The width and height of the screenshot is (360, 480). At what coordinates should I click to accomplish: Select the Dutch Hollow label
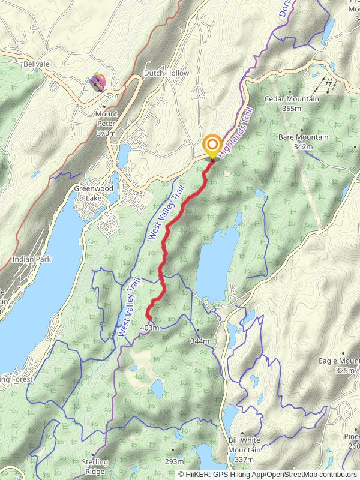click(166, 73)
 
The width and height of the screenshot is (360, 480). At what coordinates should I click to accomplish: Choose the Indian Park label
click(31, 259)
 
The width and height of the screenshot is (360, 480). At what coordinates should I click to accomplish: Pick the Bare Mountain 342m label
click(303, 142)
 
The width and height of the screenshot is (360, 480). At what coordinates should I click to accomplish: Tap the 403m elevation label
click(149, 328)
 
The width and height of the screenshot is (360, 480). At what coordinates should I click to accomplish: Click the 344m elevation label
click(199, 341)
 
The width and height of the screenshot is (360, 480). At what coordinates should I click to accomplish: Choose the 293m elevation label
click(174, 461)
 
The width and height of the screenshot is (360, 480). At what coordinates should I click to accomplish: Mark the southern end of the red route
click(148, 311)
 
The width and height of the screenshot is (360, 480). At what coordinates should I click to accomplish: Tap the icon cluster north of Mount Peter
click(98, 82)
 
